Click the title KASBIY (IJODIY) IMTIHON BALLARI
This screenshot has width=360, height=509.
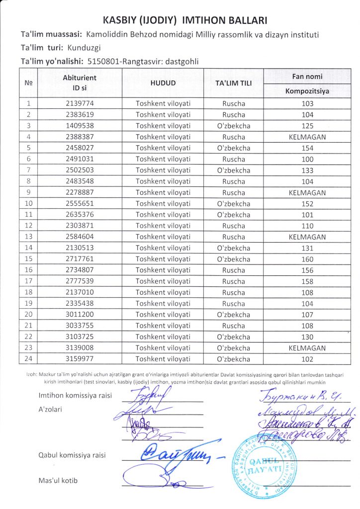pos(185,20)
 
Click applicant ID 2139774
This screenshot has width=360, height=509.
pos(80,104)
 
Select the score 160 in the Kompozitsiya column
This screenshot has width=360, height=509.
pos(307,259)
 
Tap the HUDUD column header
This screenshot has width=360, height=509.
pos(163,84)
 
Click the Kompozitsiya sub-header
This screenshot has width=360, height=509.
pos(307,91)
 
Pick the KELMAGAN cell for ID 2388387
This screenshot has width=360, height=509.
pos(307,137)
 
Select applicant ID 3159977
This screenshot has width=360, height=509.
pos(80,359)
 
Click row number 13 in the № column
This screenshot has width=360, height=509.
pos(29,237)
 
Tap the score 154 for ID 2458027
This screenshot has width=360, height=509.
pos(307,148)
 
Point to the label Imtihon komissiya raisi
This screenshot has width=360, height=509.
pos(75,396)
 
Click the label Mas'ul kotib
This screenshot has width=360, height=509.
pos(58,480)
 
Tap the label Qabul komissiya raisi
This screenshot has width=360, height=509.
pos(72,455)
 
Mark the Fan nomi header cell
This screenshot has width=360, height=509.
pos(307,77)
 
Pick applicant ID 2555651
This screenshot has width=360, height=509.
pos(80,203)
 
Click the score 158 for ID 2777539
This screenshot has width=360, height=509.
pos(307,281)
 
